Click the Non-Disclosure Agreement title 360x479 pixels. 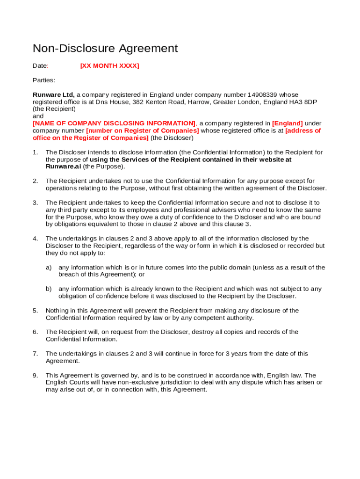point(105,48)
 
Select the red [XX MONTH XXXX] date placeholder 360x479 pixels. point(109,66)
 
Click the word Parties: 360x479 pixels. point(44,80)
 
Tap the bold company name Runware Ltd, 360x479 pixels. point(53,95)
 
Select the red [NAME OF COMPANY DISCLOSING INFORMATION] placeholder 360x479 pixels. point(114,123)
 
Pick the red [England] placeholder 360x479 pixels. point(287,123)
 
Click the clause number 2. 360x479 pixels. point(35,181)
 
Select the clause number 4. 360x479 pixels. point(35,239)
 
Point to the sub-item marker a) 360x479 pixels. point(49,268)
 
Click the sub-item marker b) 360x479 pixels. point(49,289)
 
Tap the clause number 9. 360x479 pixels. point(35,375)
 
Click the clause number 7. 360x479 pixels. point(35,354)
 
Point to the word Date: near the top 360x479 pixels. point(41,66)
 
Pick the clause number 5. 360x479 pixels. point(35,311)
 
